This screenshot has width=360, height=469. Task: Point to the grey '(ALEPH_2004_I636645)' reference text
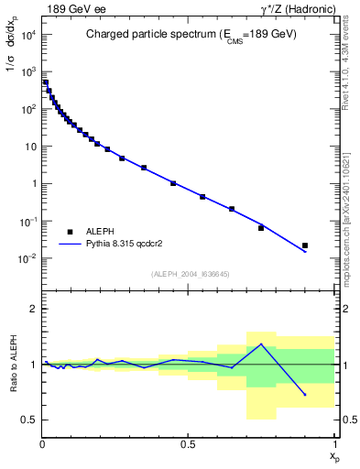[190, 274]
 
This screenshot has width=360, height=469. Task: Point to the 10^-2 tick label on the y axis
[27, 259]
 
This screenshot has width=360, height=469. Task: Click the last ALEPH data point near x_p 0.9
[305, 245]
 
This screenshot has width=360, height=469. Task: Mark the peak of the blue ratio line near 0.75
[261, 344]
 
